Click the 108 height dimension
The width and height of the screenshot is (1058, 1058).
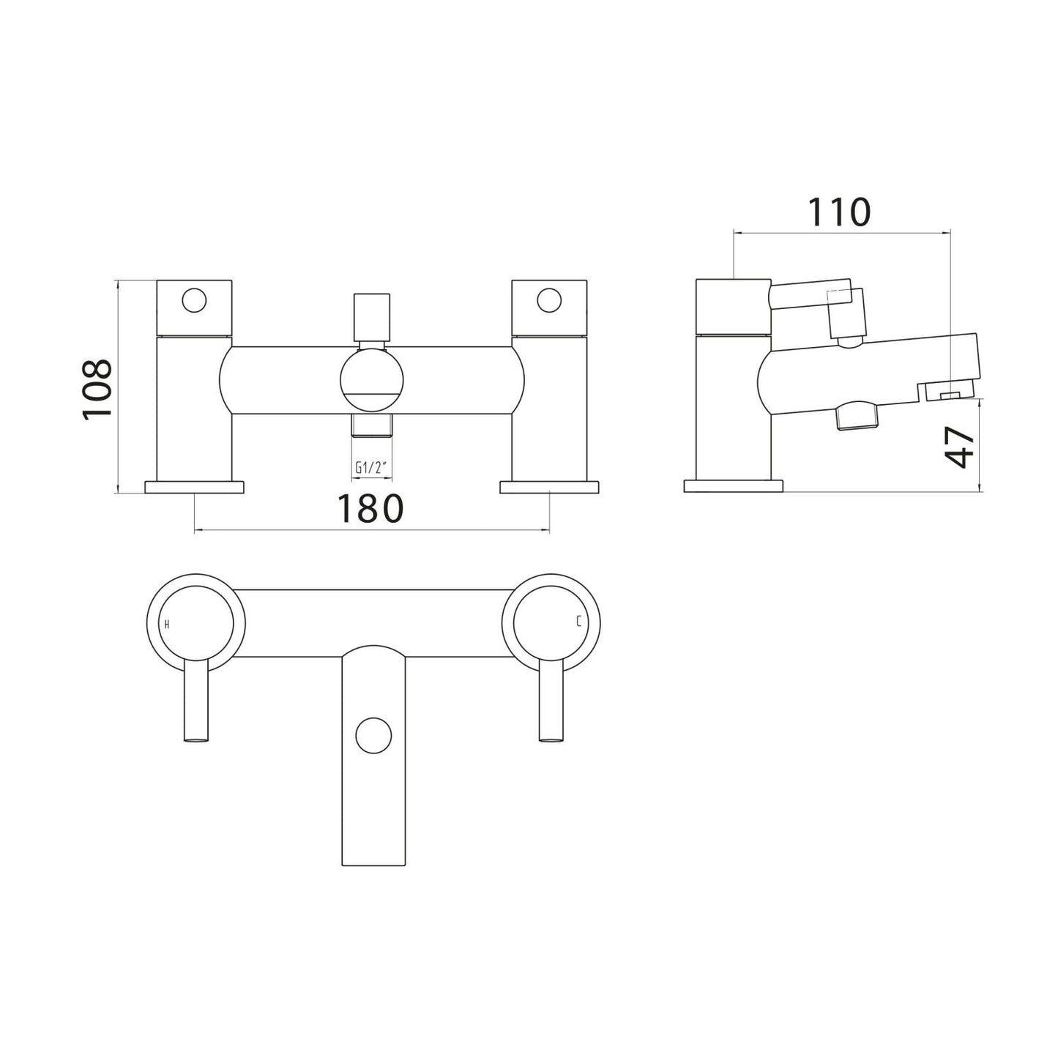(97, 388)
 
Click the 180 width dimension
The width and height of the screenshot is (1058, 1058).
(370, 508)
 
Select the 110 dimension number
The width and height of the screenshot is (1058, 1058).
(839, 212)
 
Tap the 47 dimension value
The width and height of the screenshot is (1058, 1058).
(960, 447)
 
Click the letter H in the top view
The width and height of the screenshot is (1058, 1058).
(167, 625)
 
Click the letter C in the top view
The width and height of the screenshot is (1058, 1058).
(578, 622)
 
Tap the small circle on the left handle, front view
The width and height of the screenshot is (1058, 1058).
(194, 300)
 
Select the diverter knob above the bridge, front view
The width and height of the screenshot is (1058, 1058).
(372, 317)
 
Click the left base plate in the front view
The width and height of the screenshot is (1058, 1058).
(194, 487)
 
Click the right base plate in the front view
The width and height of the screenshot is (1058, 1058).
(549, 487)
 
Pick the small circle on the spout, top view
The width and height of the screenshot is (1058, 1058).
(372, 736)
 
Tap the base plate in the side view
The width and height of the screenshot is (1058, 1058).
(733, 486)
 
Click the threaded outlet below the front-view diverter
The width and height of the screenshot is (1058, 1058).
(372, 425)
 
